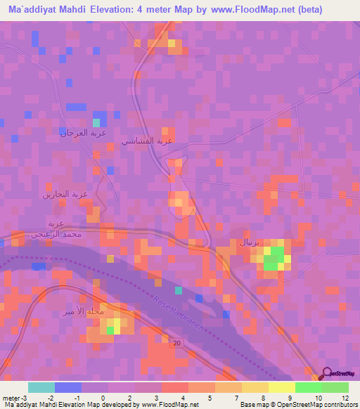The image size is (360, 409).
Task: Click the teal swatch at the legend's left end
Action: point(41,387)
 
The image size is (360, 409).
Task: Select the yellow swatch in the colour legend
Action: point(281,387)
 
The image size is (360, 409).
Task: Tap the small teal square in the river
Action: point(179,290)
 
